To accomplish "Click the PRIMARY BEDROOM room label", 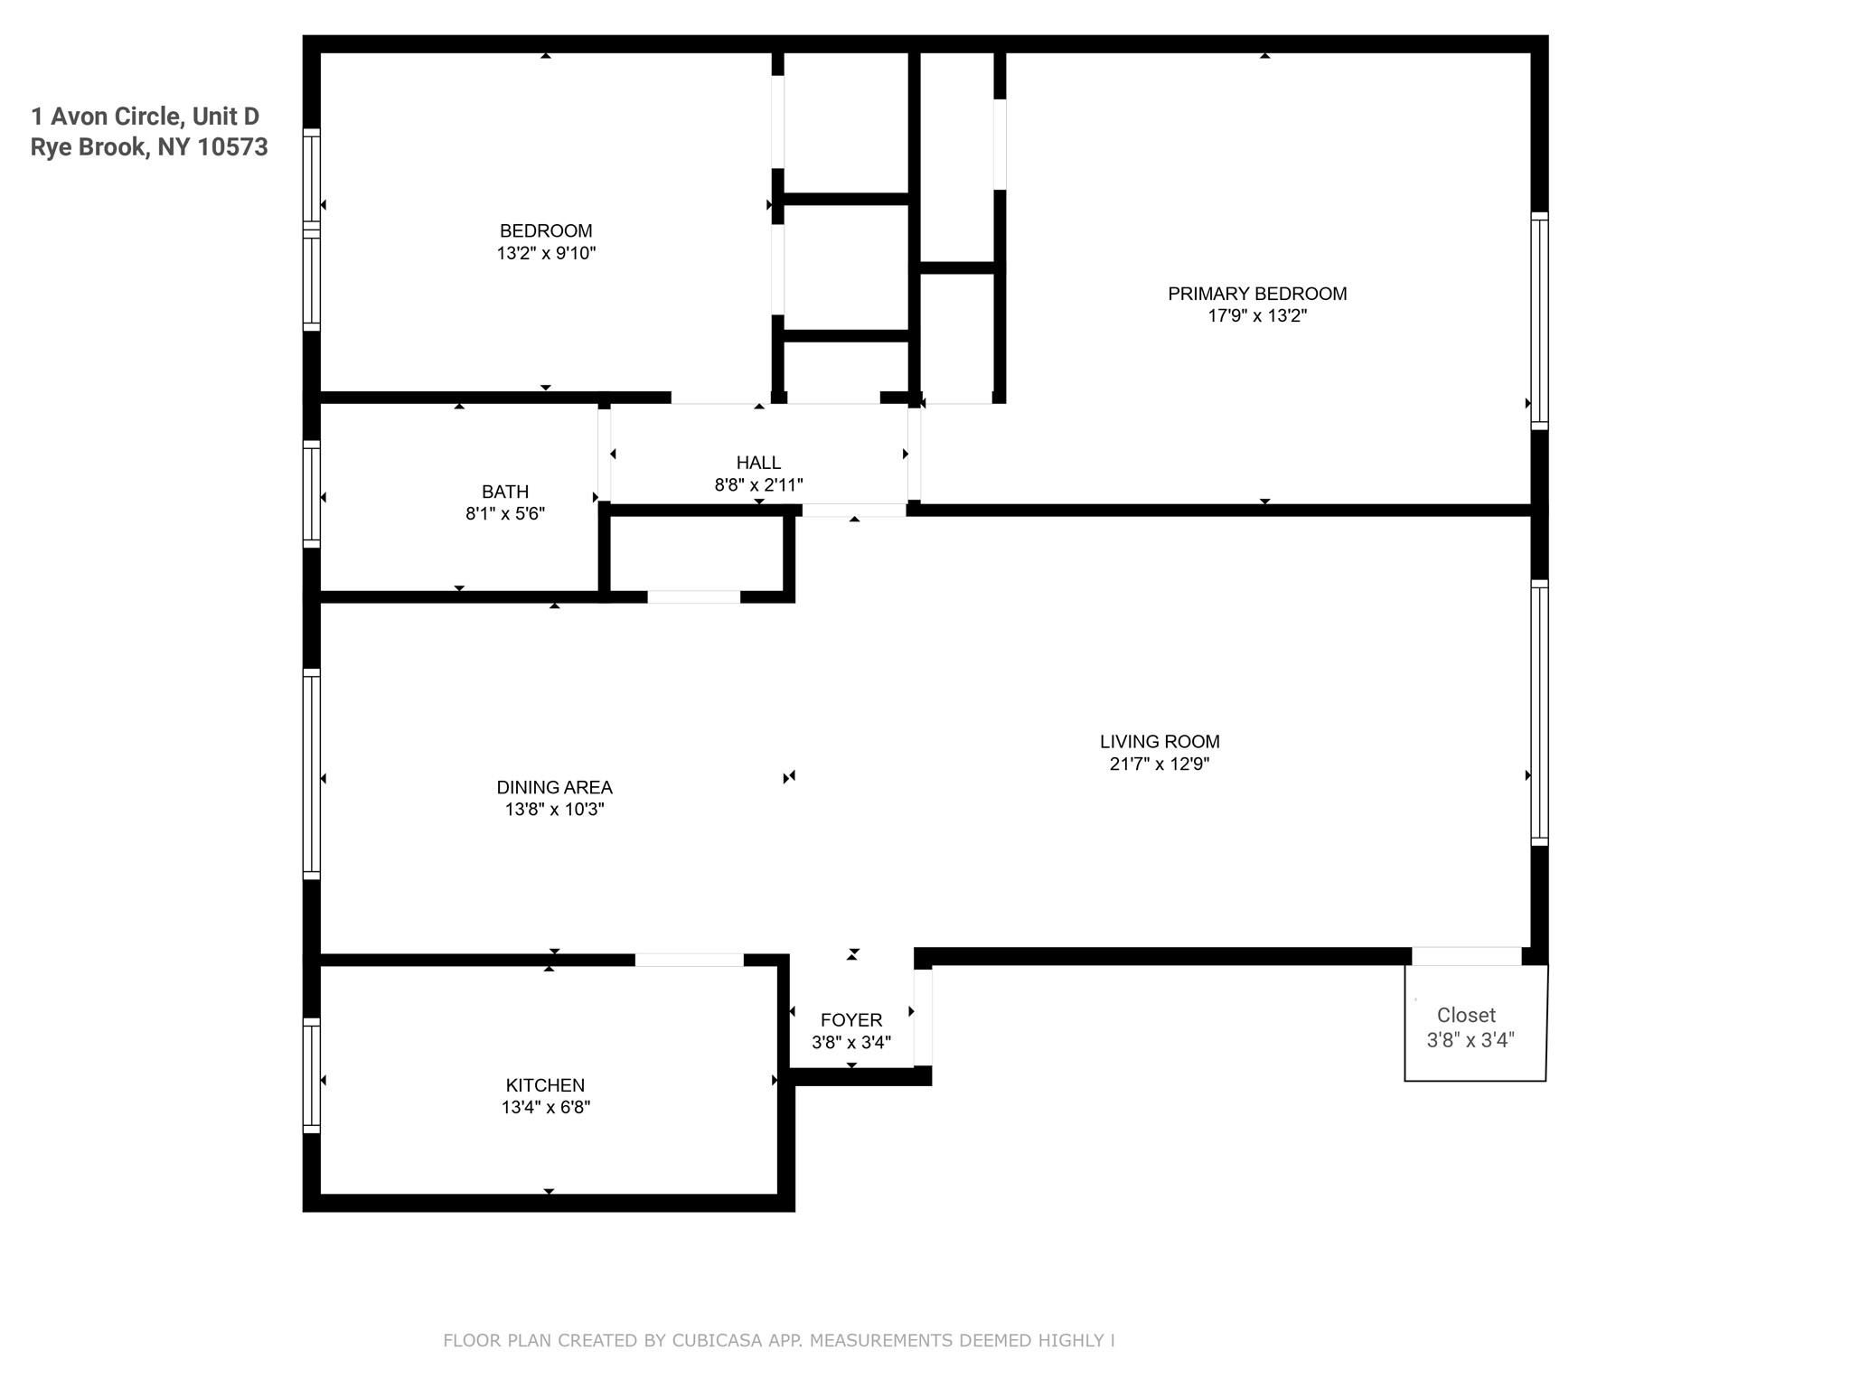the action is pos(1257,294).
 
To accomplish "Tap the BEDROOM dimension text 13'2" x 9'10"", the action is pos(546,253).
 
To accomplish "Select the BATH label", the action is pos(505,492).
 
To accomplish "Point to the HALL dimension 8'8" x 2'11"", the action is pos(758,485).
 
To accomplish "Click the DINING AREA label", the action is pos(554,787).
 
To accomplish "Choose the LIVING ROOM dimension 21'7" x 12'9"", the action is pos(1160,764).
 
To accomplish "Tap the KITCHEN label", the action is pos(545,1085).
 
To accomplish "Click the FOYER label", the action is pos(851,1020).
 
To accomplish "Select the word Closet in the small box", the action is pos(1466,1016).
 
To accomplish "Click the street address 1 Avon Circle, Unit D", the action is pos(145,117).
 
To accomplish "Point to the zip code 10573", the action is pos(232,147).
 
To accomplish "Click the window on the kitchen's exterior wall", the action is pos(311,1075).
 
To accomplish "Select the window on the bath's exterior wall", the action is pos(311,493).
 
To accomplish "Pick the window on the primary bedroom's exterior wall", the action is pos(1539,321).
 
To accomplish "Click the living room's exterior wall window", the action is pos(1539,712).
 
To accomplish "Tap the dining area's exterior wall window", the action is pos(311,774).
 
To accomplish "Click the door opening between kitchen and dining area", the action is pos(689,960).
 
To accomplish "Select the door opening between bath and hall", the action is pos(604,455).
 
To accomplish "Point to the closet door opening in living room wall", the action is pos(1466,956).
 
